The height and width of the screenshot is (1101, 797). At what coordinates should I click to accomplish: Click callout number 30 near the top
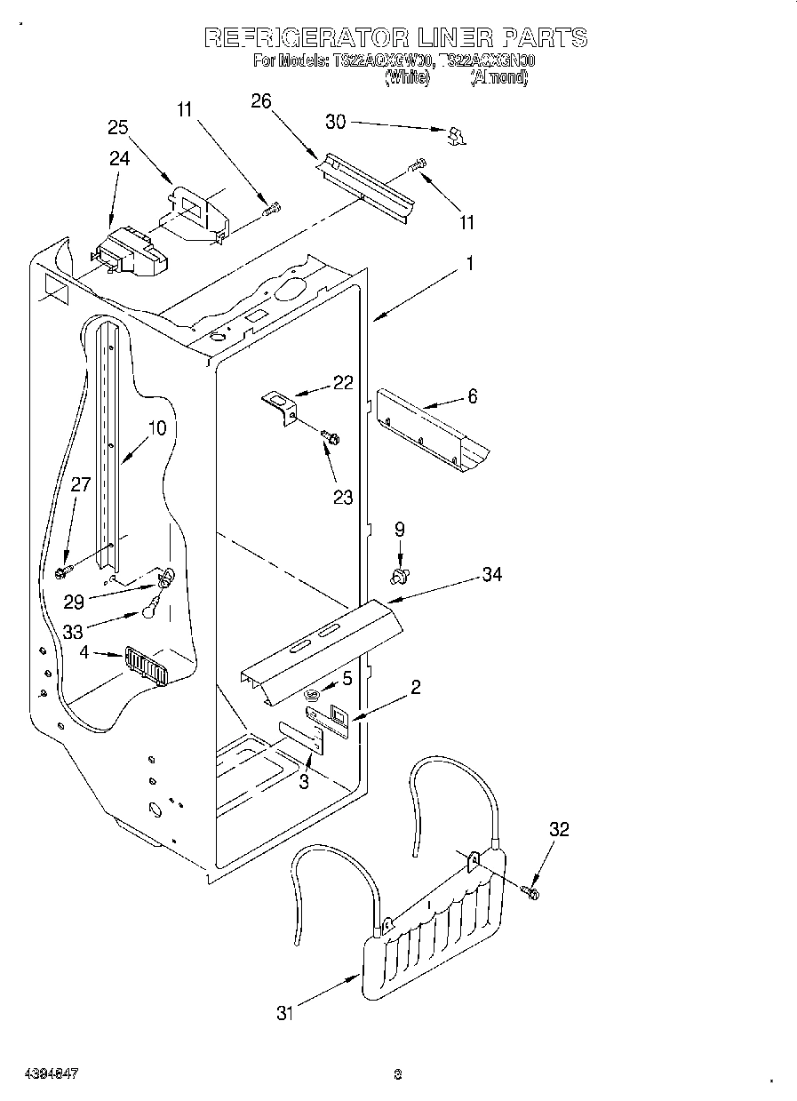point(335,122)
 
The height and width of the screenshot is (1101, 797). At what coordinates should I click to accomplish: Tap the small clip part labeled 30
point(457,135)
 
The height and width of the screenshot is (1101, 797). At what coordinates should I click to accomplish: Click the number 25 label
point(118,126)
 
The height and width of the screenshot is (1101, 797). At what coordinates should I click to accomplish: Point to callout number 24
point(119,158)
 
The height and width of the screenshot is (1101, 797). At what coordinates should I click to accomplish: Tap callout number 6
point(472,396)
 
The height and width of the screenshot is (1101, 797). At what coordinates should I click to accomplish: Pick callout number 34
point(491,575)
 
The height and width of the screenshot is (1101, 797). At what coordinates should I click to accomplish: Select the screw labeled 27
point(64,569)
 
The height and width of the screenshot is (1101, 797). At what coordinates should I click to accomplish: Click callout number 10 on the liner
point(156,427)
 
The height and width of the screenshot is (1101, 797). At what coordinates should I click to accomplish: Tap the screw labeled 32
point(531,890)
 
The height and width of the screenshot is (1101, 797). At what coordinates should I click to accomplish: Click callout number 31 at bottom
point(284,1012)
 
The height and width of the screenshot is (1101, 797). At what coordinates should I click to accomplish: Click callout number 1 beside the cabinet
point(470,264)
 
